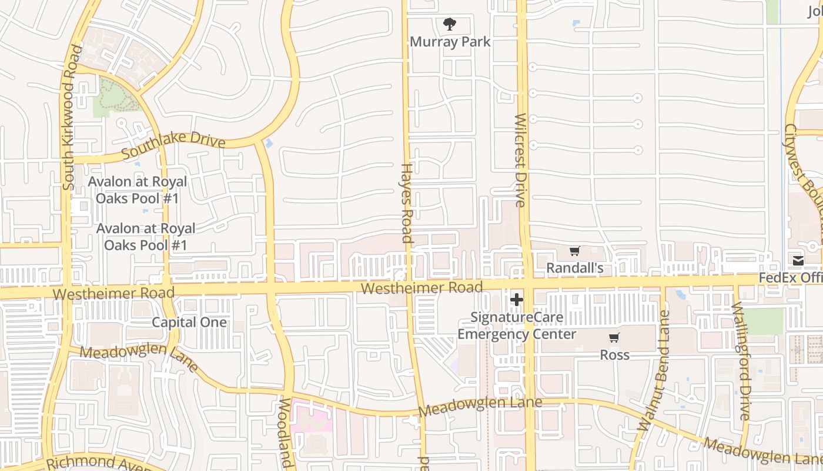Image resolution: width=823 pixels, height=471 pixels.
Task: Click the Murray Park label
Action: tap(450, 42)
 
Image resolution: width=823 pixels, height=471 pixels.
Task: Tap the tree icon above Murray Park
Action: tap(450, 24)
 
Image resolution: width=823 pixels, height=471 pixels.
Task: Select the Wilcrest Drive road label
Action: tap(520, 160)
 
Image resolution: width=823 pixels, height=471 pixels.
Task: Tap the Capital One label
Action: tap(189, 322)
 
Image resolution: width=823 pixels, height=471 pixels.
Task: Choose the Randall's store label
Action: tap(574, 268)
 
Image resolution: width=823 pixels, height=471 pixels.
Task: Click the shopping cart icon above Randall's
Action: tap(574, 251)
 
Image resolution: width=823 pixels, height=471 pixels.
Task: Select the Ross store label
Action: tap(614, 355)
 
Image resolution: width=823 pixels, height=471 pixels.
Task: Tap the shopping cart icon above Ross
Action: tap(614, 338)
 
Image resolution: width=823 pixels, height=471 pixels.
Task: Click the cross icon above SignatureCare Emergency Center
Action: tap(517, 300)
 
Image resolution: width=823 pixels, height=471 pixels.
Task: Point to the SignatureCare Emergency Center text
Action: tap(517, 326)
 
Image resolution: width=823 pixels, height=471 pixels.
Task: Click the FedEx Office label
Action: tap(790, 277)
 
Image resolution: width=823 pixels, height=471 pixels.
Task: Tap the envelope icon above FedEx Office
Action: tap(798, 261)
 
